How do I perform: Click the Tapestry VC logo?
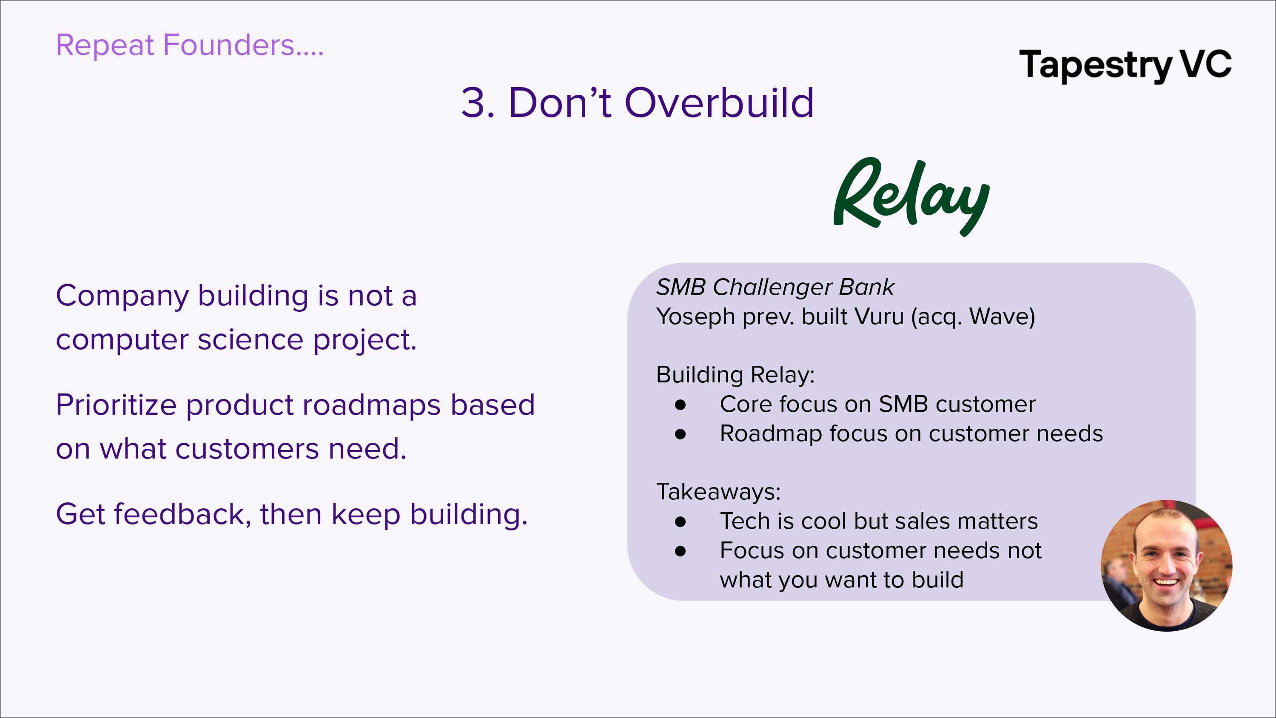(x=1125, y=65)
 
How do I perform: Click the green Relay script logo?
(x=911, y=197)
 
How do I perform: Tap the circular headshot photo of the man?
(x=1167, y=565)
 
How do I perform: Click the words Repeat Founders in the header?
(x=175, y=45)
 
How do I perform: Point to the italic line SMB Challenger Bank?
(x=775, y=287)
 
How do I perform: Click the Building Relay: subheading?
(x=735, y=375)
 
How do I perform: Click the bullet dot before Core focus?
(x=681, y=405)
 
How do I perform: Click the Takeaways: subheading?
(x=718, y=492)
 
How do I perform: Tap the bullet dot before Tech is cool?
(x=681, y=522)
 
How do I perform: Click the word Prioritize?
(x=117, y=405)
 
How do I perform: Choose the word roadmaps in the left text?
(x=371, y=405)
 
